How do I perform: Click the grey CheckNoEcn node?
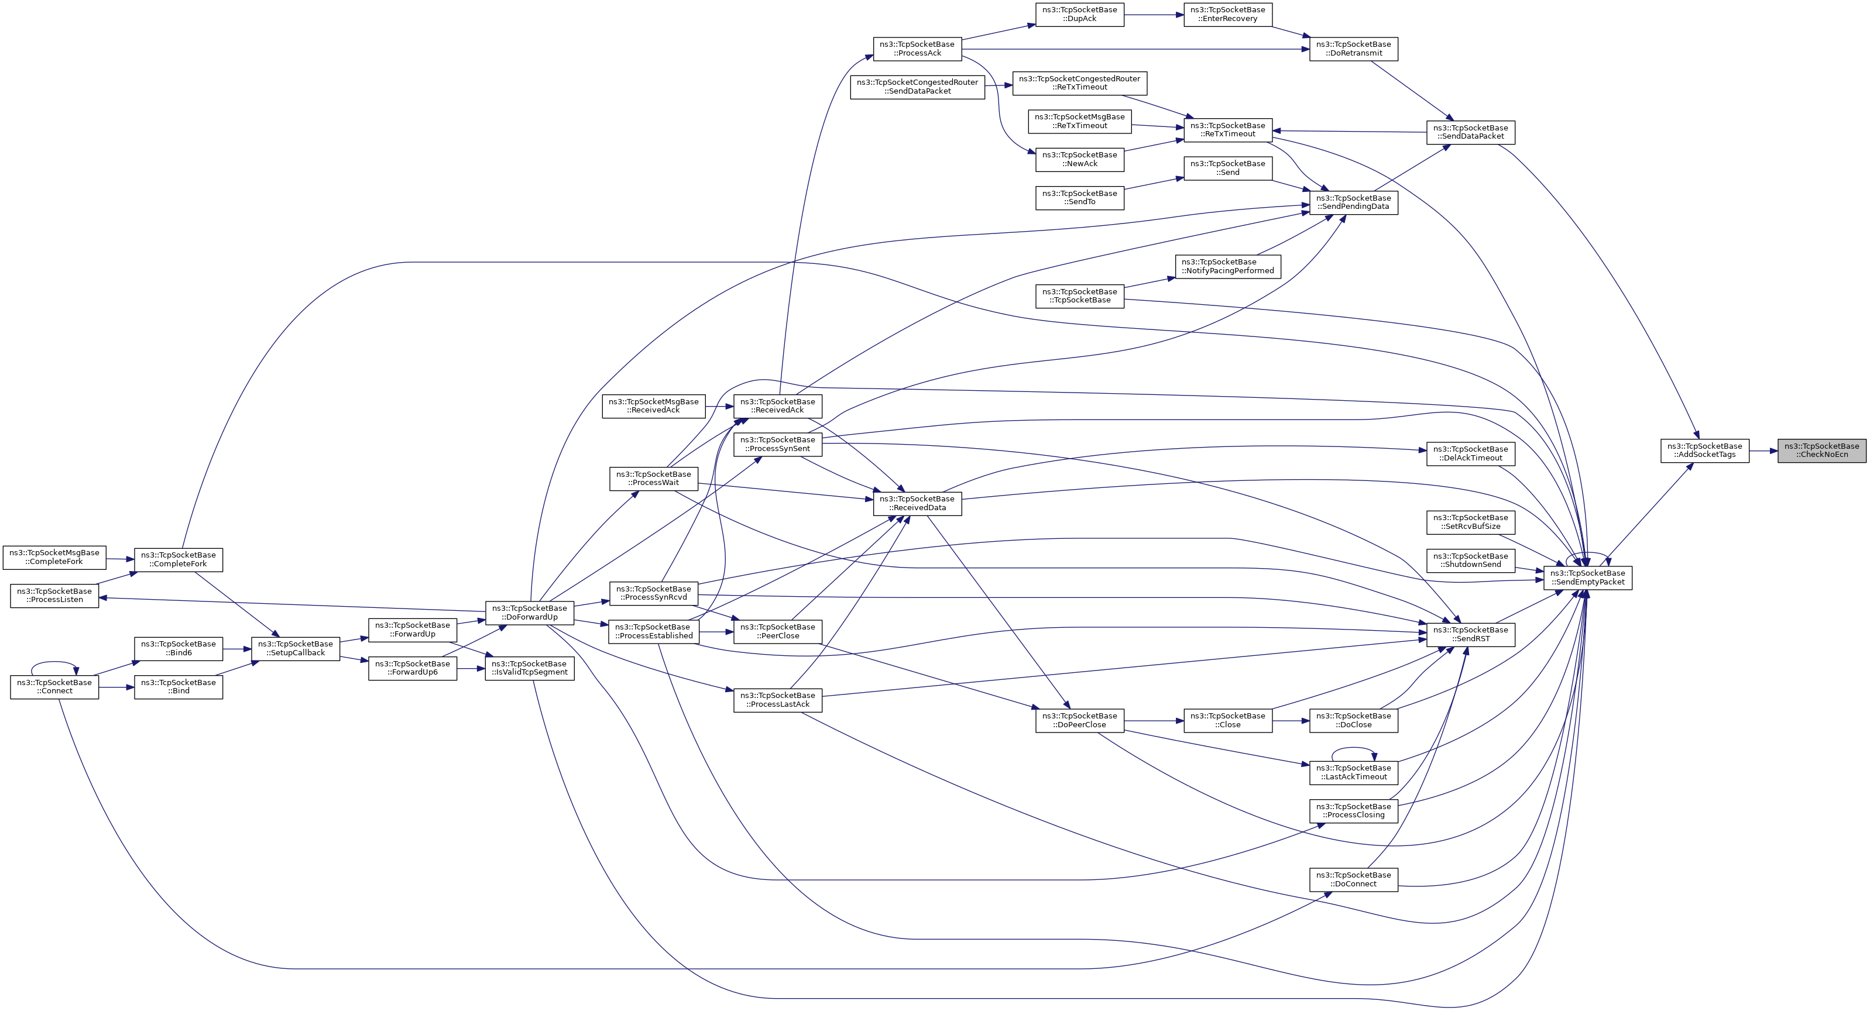1821,450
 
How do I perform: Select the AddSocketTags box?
1704,450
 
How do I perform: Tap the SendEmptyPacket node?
1588,577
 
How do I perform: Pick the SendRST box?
1471,634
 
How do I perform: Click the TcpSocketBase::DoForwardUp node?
529,613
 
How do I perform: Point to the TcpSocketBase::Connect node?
54,687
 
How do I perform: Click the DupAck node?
1079,15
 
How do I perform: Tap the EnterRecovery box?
1227,15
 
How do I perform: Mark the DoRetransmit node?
1353,49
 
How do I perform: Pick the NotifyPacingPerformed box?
1227,266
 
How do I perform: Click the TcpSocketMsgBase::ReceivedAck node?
653,405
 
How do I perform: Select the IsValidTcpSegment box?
529,668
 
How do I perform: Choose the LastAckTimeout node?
1353,772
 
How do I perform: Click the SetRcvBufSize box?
1471,522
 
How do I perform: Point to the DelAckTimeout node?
1471,453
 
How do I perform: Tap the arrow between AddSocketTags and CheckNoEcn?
1762,451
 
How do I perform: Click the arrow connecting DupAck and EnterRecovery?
1154,15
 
